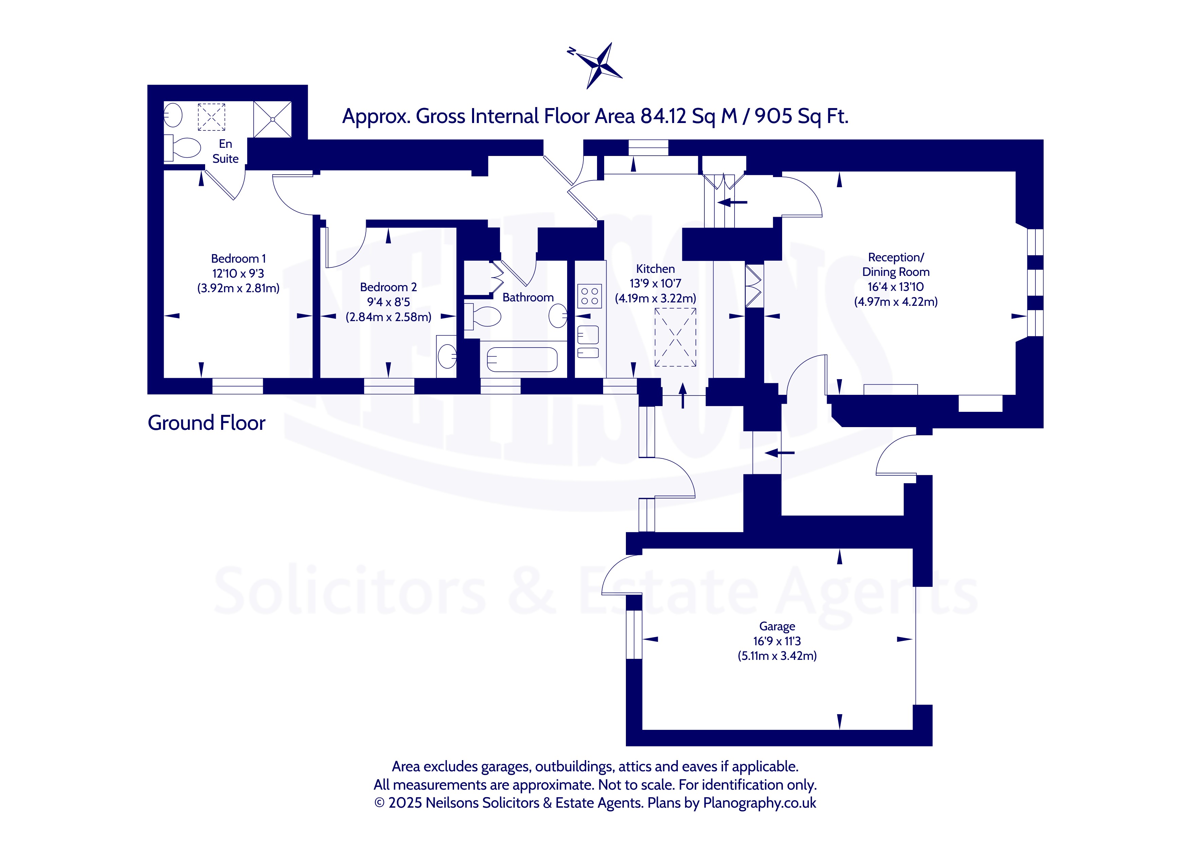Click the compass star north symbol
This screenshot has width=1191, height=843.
[599, 65]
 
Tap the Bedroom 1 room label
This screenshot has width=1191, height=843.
[238, 259]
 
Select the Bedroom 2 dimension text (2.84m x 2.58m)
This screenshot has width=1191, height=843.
[389, 317]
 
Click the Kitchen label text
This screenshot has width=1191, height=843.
[655, 269]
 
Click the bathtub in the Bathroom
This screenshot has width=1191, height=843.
[522, 359]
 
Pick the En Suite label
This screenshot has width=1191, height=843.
[225, 151]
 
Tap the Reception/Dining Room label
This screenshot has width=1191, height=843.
[895, 264]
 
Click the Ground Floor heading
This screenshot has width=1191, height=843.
[206, 423]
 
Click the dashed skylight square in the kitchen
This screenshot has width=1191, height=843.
[675, 337]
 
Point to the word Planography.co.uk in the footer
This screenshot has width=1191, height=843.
[759, 803]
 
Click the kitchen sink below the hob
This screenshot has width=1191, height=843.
[588, 335]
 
